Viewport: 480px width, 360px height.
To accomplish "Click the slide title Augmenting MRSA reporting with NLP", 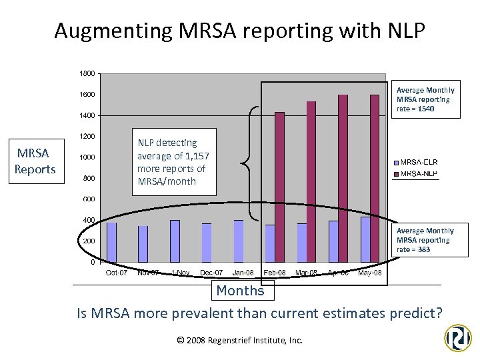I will [x=239, y=31].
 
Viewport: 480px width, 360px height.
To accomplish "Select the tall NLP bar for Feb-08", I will [x=279, y=187].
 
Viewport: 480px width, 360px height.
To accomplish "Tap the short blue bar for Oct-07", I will [x=111, y=242].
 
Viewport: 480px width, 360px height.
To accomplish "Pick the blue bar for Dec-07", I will [x=207, y=243].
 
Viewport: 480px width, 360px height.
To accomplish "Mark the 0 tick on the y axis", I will [x=92, y=262].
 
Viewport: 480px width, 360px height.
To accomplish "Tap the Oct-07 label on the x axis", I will [x=117, y=273].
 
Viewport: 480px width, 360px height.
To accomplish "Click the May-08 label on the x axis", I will [x=370, y=273].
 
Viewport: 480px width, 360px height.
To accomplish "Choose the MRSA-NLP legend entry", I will [x=419, y=174].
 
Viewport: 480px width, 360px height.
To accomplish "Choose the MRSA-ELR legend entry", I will [x=419, y=162].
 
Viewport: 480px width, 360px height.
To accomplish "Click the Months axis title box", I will [x=240, y=291].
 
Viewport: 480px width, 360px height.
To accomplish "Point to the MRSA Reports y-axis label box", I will [x=35, y=162].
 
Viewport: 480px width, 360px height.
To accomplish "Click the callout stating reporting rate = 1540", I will [x=425, y=99].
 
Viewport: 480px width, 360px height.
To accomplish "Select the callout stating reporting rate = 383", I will [x=425, y=240].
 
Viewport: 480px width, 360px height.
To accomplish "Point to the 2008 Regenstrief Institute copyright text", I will [x=240, y=340].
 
